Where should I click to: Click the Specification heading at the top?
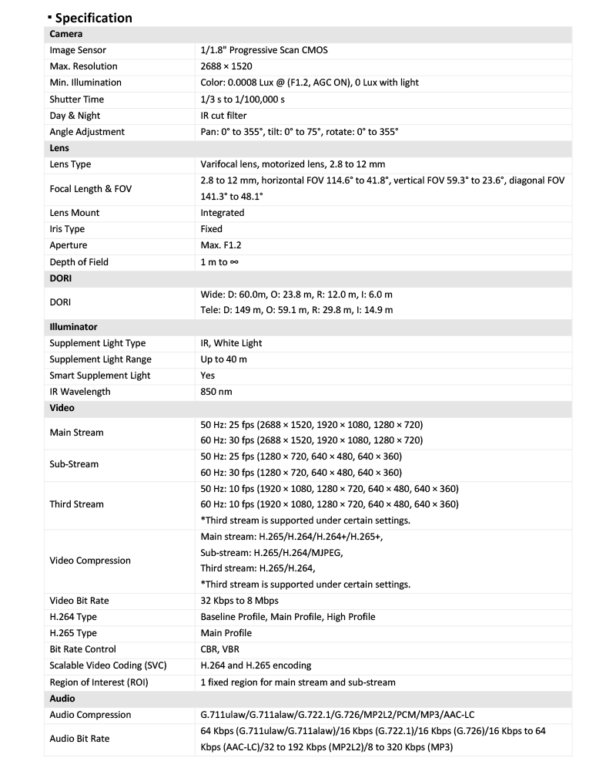tap(92, 17)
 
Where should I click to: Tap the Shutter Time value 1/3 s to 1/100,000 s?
tap(243, 99)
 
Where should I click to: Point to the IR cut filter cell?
tap(224, 116)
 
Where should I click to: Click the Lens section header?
tap(60, 148)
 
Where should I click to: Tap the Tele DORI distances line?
tap(296, 310)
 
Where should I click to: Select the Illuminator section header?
tap(73, 327)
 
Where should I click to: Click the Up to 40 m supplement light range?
tap(224, 359)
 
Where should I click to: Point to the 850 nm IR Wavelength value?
tap(216, 392)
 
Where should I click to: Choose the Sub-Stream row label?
tap(75, 464)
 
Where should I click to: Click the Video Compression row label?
tap(90, 561)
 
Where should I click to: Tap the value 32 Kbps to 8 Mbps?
tap(239, 601)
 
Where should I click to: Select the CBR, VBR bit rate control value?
tap(220, 649)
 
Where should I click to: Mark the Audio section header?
tap(62, 698)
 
